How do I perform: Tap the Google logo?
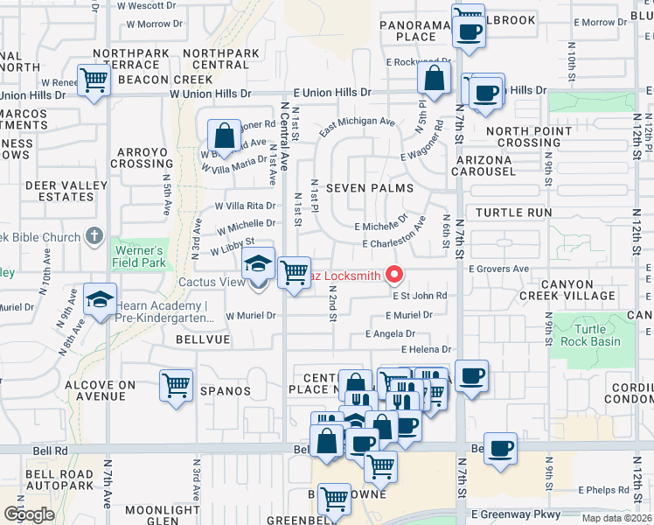(29, 514)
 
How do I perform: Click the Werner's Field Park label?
(138, 255)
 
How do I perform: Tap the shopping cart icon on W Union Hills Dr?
(94, 80)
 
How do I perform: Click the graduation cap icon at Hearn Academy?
(100, 299)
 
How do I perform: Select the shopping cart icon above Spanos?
(176, 385)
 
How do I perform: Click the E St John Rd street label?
(419, 296)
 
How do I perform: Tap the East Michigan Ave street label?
(357, 122)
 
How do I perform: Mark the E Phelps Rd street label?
(603, 490)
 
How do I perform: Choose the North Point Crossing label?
(523, 136)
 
